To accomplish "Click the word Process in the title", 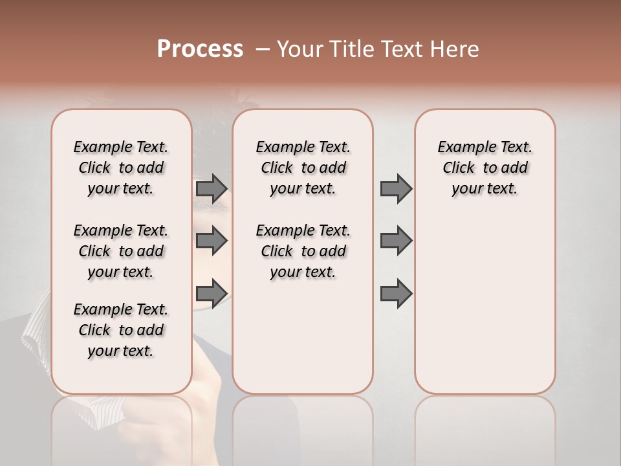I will coord(200,49).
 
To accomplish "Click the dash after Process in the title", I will coord(262,50).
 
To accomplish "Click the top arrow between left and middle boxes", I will coord(212,188).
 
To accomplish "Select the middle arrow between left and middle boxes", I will coord(212,241).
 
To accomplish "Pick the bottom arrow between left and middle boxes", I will coord(212,293).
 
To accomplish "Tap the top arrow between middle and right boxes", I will coord(396,188).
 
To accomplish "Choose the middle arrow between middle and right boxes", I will coord(396,241).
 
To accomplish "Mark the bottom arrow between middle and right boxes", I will coord(396,293).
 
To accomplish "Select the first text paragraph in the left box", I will coord(121,168).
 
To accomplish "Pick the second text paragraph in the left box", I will coord(121,251).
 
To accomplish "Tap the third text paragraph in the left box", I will coord(121,330).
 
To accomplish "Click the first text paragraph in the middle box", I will coord(303,168).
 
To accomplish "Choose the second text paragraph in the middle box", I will coord(303,251).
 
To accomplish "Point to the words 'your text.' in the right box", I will coord(485,189).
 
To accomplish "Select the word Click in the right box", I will coord(459,168).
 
